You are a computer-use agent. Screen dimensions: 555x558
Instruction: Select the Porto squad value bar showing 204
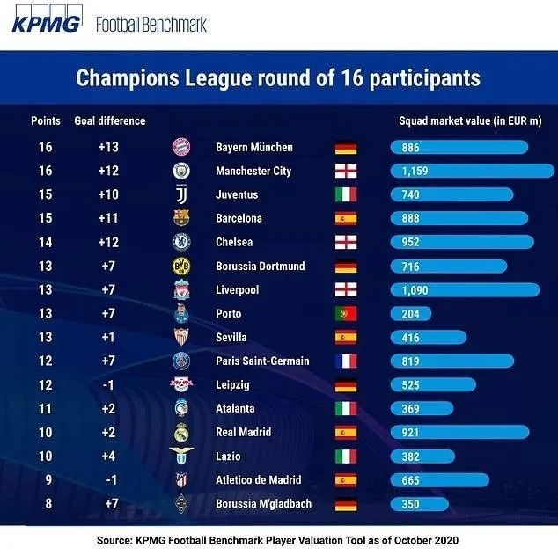click(x=411, y=313)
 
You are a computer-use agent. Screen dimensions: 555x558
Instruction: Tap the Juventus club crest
click(x=181, y=194)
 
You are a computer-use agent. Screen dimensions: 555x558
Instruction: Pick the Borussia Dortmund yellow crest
click(x=181, y=266)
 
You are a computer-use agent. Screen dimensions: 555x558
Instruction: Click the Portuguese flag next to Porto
click(x=346, y=313)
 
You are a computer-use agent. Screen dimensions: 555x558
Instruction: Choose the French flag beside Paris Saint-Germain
click(x=346, y=361)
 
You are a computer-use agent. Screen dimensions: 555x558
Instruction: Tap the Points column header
click(x=46, y=120)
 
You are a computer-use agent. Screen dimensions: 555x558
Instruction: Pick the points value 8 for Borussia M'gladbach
click(x=46, y=503)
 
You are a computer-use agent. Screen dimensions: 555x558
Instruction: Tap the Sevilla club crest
click(x=181, y=337)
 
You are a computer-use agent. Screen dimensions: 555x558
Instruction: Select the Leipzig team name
click(x=232, y=384)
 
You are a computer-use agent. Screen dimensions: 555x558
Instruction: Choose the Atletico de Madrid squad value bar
click(x=439, y=479)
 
